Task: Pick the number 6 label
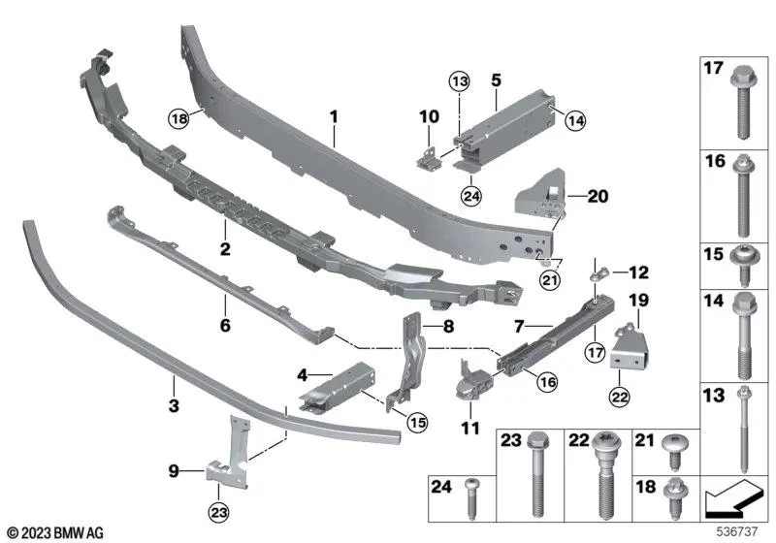click(225, 327)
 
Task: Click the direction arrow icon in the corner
click(732, 501)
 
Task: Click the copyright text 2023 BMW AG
click(55, 532)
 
